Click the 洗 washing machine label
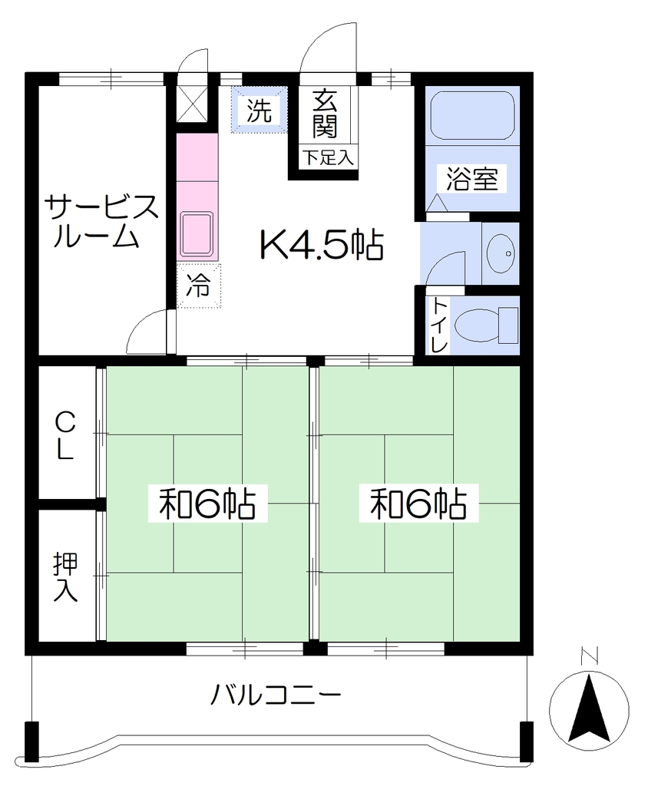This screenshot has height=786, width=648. (260, 111)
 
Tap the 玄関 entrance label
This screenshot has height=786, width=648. (325, 115)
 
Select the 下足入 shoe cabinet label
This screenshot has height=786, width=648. (328, 158)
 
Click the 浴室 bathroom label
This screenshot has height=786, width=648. (472, 179)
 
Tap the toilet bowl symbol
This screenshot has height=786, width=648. (485, 325)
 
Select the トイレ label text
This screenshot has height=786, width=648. (439, 325)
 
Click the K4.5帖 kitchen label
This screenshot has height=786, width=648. (322, 245)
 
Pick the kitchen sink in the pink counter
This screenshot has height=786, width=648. (197, 235)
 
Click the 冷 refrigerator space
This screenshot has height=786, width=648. (198, 286)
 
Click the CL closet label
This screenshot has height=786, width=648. (64, 435)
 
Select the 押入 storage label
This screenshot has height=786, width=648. (66, 576)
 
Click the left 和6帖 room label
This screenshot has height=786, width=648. (207, 503)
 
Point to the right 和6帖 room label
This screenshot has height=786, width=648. (418, 503)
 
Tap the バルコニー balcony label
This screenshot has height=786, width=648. (276, 695)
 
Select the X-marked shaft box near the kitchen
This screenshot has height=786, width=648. (192, 104)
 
